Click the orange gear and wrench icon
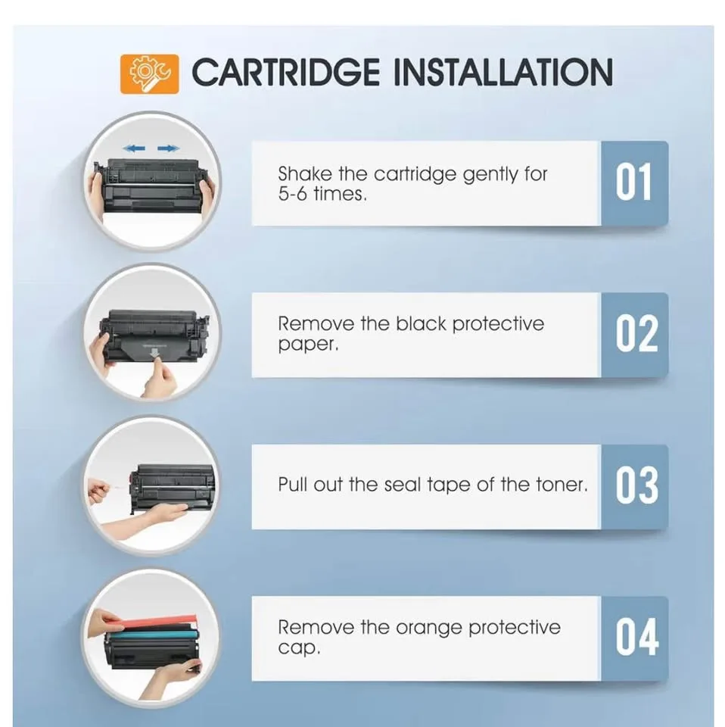(149, 73)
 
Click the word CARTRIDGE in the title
(285, 73)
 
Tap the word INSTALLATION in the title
(503, 73)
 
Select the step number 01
(633, 183)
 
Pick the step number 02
(636, 335)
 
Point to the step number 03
(636, 485)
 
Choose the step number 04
(636, 637)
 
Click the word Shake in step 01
(304, 174)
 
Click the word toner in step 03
(560, 485)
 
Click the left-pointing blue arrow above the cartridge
(134, 148)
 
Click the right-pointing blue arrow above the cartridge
(169, 148)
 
